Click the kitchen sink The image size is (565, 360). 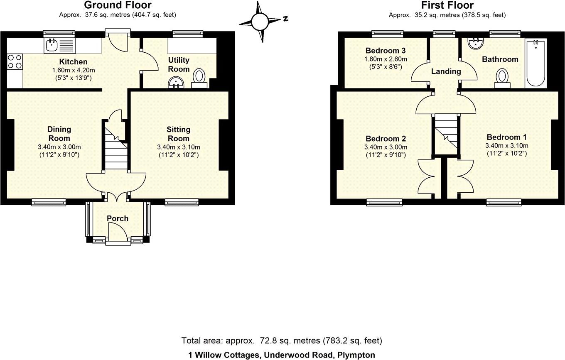point(60,46)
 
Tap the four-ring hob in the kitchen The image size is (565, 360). point(15,61)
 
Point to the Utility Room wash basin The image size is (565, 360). point(176,83)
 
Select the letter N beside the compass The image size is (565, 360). point(285,19)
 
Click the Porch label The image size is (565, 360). point(118,218)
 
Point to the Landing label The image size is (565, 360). point(446,71)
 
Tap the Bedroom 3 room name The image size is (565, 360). point(386,50)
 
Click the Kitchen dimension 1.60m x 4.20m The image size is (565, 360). point(74,70)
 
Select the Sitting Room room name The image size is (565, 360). point(178,134)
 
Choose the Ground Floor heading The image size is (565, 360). point(118,5)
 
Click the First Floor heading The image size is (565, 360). point(447,5)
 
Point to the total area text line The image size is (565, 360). point(282,340)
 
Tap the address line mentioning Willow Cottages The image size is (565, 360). point(282,355)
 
